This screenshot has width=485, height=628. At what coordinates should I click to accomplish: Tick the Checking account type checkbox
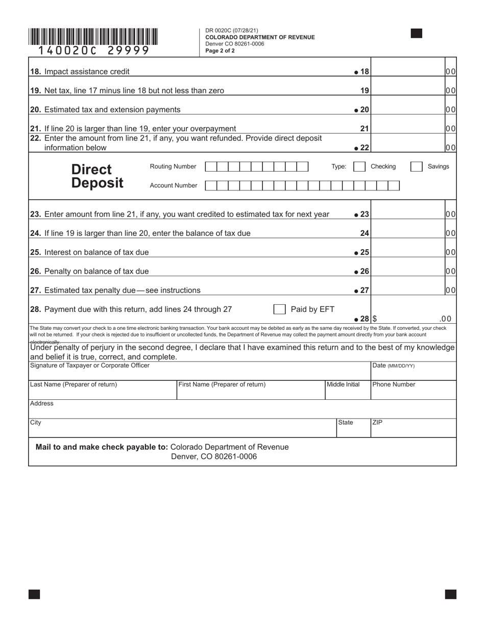point(359,166)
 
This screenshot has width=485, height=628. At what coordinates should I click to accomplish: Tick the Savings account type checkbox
point(417,166)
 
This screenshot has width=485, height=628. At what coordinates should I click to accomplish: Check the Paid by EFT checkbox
point(279,309)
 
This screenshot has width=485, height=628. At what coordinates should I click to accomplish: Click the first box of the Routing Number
point(210,166)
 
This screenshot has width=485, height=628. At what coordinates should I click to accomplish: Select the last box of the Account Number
point(394,185)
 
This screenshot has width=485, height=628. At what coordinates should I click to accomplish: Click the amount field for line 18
point(407,71)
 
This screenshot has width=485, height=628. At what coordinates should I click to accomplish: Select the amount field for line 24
point(407,233)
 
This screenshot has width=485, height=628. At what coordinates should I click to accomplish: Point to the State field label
point(345,423)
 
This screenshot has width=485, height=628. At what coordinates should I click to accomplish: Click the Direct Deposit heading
point(97,176)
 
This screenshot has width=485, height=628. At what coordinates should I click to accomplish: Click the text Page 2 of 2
point(220,51)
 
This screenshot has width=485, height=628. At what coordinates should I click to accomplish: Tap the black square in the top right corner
point(416,34)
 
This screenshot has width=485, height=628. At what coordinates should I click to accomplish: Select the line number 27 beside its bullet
point(364,291)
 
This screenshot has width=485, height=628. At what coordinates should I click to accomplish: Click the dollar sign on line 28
point(375,319)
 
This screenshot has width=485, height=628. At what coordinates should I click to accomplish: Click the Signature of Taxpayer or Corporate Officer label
point(90,366)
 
